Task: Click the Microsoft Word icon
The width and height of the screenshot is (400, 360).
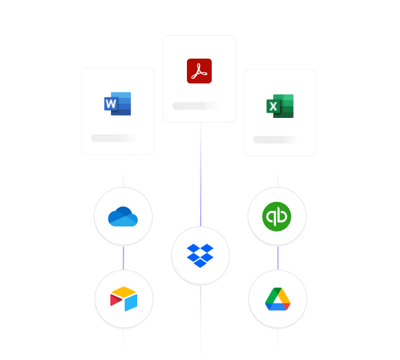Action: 118,103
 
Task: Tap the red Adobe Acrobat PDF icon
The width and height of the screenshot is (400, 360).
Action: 199,71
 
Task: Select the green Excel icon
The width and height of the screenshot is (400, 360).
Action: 280,106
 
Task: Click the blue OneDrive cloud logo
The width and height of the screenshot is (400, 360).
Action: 123,217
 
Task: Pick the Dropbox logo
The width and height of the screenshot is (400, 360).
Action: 200,256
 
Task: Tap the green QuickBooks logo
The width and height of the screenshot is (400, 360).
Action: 277,217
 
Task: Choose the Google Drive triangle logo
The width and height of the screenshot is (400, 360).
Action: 278,299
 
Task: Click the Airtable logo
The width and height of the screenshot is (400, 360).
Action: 123,299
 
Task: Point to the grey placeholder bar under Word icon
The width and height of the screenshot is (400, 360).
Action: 114,139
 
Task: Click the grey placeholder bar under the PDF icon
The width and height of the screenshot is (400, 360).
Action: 196,106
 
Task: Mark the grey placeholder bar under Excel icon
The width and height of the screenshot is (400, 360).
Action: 277,139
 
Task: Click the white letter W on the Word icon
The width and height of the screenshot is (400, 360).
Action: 111,104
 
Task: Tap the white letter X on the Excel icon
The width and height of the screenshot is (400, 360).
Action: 273,106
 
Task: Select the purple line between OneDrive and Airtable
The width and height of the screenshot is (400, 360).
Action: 123,258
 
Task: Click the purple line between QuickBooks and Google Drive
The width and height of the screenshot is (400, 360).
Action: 278,258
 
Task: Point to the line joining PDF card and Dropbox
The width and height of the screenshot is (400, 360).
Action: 201,174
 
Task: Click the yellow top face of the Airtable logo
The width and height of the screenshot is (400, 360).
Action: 123,292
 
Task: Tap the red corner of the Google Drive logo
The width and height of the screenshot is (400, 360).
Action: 287,306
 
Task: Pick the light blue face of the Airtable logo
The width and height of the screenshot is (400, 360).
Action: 131,303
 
